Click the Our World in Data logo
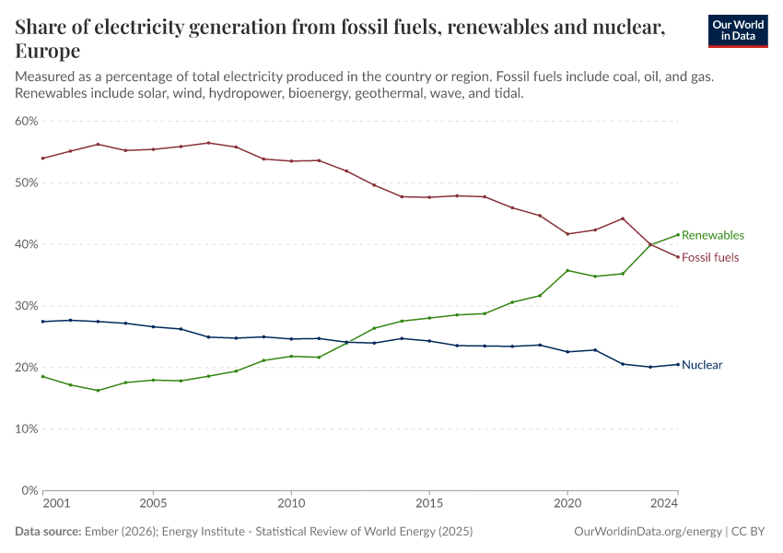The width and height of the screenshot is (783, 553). coord(737,30)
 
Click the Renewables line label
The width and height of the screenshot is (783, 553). coord(712,235)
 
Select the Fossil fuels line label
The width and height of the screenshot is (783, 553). coord(709,257)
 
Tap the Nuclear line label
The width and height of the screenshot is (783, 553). coord(702,365)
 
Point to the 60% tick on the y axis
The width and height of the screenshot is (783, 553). coord(26,121)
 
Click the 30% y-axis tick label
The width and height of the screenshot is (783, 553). coord(26,306)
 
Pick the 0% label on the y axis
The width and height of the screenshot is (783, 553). coord(29,490)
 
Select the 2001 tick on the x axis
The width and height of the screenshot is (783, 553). coord(55,504)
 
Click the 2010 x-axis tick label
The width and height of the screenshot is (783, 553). coord(291,504)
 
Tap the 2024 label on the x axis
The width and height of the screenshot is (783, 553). coord(664,504)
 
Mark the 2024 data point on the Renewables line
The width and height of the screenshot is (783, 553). coord(678,234)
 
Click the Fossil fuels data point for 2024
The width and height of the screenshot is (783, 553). coord(678,257)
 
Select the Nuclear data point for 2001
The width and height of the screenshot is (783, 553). coord(42,321)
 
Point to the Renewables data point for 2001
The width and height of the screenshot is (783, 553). coord(42,376)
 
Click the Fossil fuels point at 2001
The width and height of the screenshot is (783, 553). coord(42,158)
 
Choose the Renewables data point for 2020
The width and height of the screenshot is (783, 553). coord(567,270)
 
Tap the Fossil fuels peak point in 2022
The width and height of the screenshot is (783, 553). coord(623,218)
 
